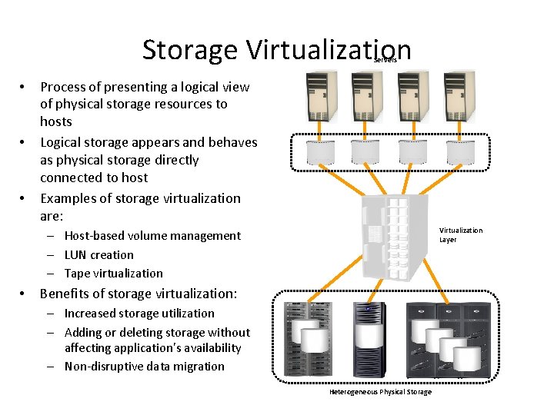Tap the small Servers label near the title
[385, 60]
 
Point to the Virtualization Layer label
[460, 234]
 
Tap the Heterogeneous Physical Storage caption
[380, 392]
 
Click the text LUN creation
[98, 254]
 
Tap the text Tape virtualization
[113, 273]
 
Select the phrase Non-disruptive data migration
[144, 366]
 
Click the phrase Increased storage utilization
[138, 313]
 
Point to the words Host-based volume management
[152, 235]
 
